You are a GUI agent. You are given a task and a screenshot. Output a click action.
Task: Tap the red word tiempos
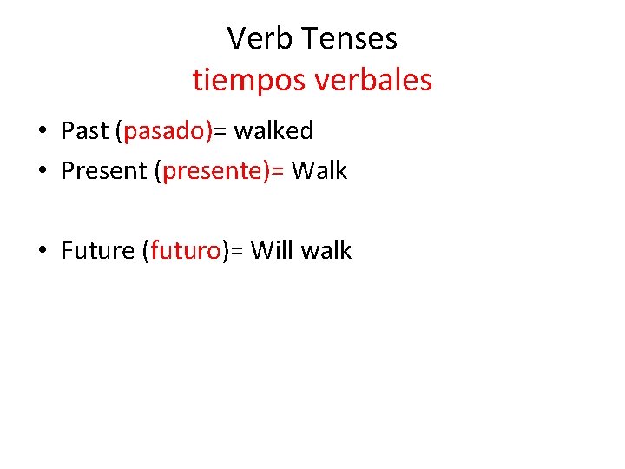click(x=246, y=80)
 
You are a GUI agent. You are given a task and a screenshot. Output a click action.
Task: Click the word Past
click(x=85, y=131)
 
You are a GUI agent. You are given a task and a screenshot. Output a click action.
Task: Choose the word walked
click(x=273, y=131)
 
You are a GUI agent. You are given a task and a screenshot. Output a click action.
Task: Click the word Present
click(x=104, y=171)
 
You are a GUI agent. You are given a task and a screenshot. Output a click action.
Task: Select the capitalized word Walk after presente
click(x=319, y=171)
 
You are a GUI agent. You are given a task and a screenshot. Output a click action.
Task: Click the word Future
click(x=97, y=251)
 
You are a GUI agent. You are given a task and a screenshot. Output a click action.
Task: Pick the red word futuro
click(x=185, y=251)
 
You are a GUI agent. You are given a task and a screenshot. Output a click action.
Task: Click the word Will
click(x=273, y=251)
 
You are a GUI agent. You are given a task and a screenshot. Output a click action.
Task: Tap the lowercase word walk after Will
click(x=326, y=251)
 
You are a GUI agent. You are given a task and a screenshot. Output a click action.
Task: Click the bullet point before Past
click(x=42, y=132)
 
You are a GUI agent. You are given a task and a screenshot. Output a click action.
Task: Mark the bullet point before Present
click(x=42, y=172)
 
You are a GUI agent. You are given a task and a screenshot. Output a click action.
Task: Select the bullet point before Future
click(x=42, y=252)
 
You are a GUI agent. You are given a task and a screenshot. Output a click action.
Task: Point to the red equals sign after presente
click(x=277, y=172)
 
